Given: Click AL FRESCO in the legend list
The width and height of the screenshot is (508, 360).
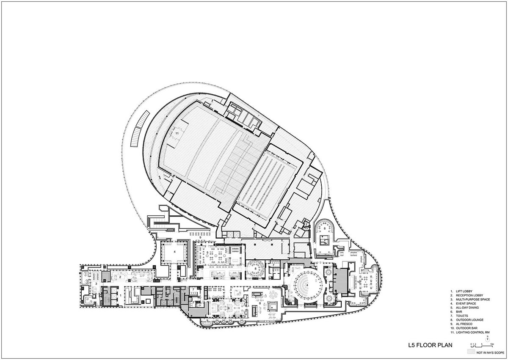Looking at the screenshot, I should [x=463, y=324].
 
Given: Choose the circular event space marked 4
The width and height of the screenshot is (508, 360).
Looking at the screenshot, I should [x=304, y=284].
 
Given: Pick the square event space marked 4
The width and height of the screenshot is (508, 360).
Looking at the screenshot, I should [x=174, y=251].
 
